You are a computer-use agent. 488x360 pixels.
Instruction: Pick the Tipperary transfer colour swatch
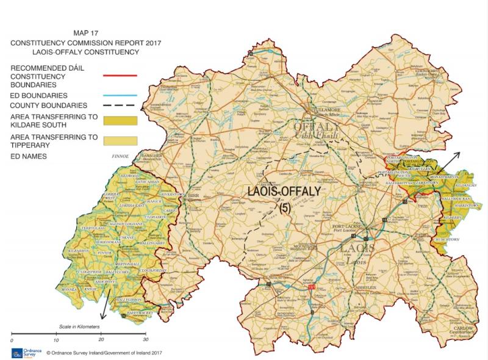point(120,141)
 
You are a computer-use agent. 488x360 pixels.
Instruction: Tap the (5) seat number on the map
point(284,207)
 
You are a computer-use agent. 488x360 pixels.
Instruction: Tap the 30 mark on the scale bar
point(145,340)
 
